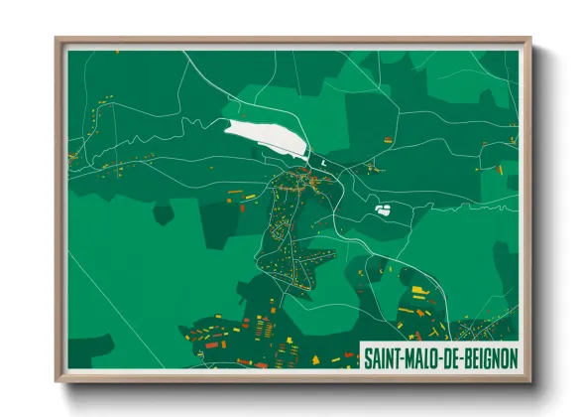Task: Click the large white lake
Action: pyautogui.click(x=262, y=137)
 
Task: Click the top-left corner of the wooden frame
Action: pyautogui.click(x=57, y=40)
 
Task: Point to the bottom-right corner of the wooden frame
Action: pyautogui.click(x=530, y=381)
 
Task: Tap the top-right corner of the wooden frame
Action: pyautogui.click(x=530, y=40)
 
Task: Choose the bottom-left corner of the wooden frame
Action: pyautogui.click(x=57, y=381)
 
